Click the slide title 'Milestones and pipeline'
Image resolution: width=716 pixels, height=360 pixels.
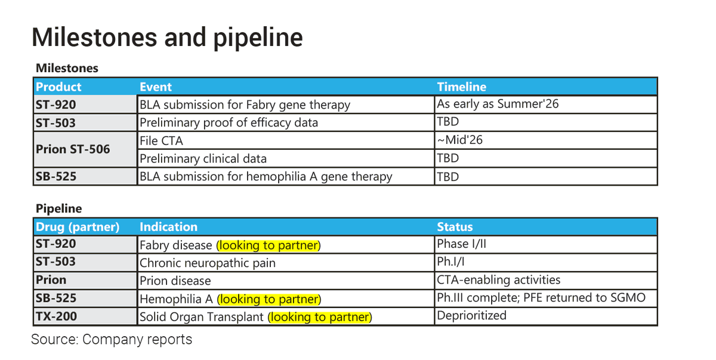point(167,37)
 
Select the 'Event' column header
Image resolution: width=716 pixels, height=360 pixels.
point(155,87)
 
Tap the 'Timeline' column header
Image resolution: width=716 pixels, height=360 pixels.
point(461,87)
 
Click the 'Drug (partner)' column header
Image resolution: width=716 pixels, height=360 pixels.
point(78,227)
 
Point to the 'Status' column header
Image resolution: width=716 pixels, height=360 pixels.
point(455,227)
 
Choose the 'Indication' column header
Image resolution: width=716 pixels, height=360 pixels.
point(168,227)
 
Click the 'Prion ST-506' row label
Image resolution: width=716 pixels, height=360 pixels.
point(73,149)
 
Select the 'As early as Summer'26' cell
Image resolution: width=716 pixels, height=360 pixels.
point(498,104)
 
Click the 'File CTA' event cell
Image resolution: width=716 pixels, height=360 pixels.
point(161,141)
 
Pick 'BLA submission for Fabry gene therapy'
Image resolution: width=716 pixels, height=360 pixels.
point(245,105)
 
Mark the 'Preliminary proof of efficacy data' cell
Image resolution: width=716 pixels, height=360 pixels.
point(229,123)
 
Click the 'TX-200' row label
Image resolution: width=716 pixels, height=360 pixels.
point(56,316)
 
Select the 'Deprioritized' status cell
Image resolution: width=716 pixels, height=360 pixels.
point(471,315)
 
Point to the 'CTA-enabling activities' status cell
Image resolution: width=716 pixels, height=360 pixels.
point(498,279)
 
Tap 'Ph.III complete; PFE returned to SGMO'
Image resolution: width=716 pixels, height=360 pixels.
point(541,297)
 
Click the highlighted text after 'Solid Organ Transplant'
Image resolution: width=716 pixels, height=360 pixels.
point(320,317)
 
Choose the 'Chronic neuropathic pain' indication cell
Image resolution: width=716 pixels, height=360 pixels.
point(207,263)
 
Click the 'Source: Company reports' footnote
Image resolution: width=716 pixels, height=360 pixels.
point(112,340)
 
